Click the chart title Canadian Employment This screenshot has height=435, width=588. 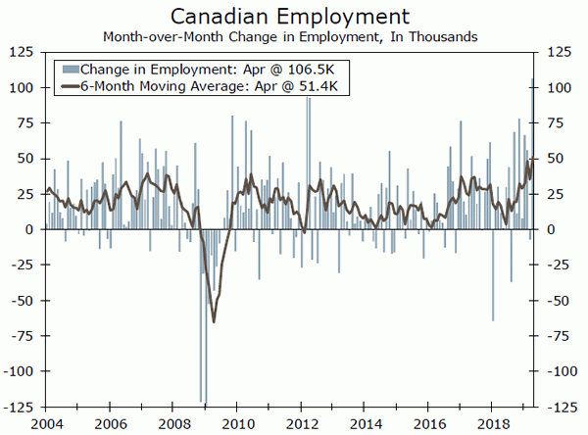pos(293,16)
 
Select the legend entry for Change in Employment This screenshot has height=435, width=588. pos(167,70)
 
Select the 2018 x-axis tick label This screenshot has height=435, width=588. pos(489,423)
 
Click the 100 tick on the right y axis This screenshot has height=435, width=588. pos(559,87)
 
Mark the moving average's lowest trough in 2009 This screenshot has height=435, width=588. pos(214,320)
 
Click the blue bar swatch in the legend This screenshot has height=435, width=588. pos(69,70)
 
